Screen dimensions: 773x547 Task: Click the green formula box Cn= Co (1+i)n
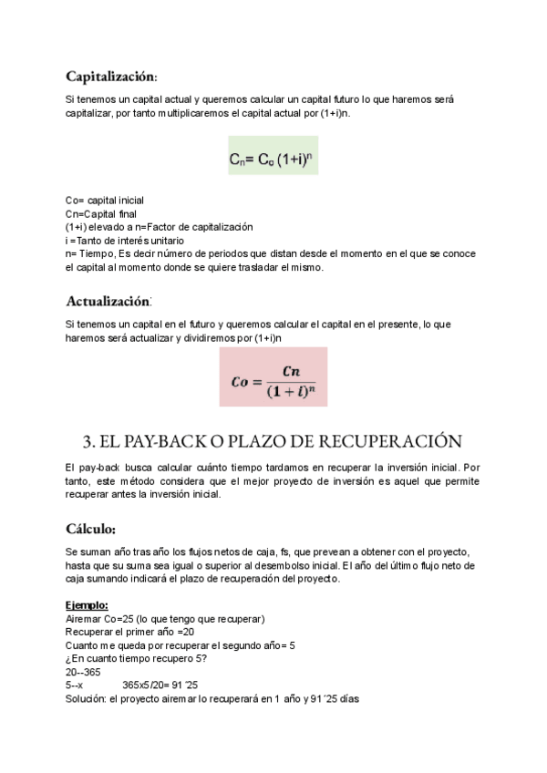273,160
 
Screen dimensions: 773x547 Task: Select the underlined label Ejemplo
87,605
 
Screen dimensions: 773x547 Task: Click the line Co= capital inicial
104,201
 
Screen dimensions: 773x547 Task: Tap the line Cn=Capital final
100,213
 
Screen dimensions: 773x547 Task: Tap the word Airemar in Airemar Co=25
85,619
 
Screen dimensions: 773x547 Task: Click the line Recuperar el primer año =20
130,632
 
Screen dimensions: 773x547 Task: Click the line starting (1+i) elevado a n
159,226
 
